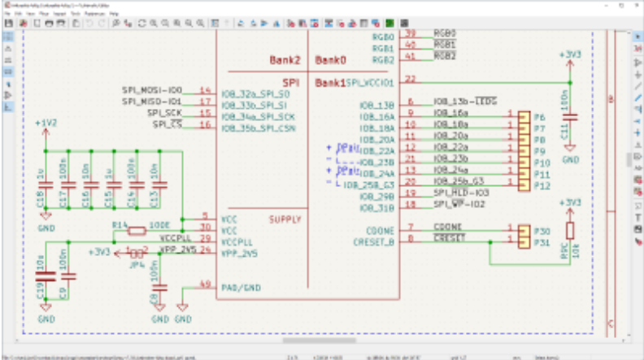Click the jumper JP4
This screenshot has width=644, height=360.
tap(137, 254)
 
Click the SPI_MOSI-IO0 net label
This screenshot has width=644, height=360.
tap(154, 89)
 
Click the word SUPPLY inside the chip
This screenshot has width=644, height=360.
tap(285, 220)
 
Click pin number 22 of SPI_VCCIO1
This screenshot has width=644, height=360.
tap(411, 80)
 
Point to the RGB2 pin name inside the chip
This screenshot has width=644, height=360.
tap(383, 59)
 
